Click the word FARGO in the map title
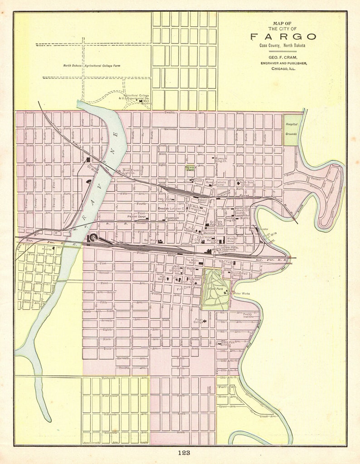pos(283,37)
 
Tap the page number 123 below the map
pos(184,453)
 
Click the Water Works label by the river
pos(241,293)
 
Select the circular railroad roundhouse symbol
pos(94,237)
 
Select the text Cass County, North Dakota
pos(282,46)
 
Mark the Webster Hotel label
pos(232,239)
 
